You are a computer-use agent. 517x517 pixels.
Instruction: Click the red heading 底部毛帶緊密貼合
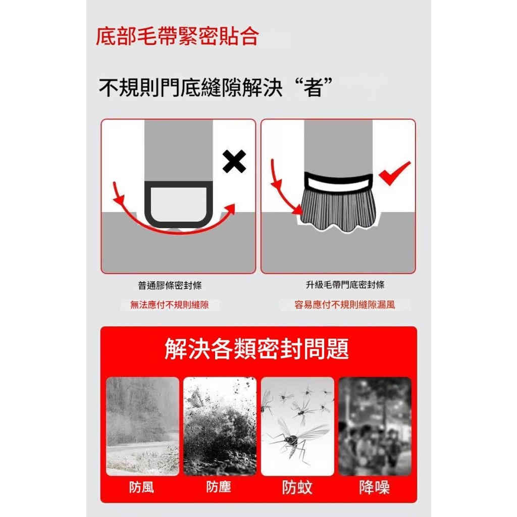click(x=177, y=36)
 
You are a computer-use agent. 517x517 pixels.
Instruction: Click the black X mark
click(x=234, y=162)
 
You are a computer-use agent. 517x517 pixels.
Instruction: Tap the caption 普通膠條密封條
click(x=170, y=286)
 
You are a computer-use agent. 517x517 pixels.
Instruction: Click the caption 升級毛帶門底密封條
click(x=345, y=285)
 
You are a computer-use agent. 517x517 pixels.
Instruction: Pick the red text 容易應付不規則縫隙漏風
click(x=345, y=305)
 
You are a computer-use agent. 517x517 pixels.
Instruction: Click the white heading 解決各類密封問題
click(x=257, y=349)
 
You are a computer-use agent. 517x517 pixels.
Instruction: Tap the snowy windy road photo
click(x=142, y=426)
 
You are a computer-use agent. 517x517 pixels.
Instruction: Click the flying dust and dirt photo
click(x=220, y=426)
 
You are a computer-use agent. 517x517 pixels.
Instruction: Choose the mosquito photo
click(x=297, y=426)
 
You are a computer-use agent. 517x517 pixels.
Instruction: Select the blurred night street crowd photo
click(x=375, y=426)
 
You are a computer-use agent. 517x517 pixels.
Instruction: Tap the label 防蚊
click(x=297, y=487)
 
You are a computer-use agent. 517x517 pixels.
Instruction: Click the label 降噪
click(x=374, y=487)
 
